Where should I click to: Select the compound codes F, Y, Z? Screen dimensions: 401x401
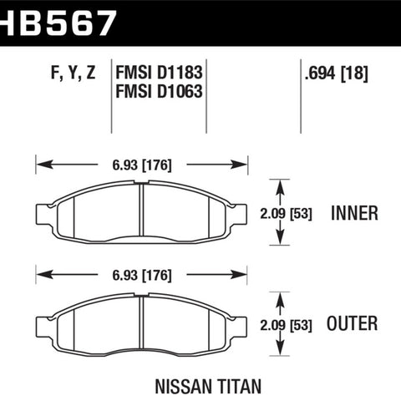(74, 73)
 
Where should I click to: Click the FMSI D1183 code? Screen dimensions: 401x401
(159, 73)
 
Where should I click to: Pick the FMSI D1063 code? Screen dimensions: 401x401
(159, 91)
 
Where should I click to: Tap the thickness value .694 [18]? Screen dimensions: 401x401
(337, 73)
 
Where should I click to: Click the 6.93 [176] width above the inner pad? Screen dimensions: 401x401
(142, 165)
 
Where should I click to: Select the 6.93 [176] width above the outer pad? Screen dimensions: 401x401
(142, 275)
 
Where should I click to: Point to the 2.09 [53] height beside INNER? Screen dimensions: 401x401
(286, 214)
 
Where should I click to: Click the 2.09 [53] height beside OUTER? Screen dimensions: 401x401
(286, 325)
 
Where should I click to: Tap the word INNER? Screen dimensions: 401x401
(354, 213)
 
